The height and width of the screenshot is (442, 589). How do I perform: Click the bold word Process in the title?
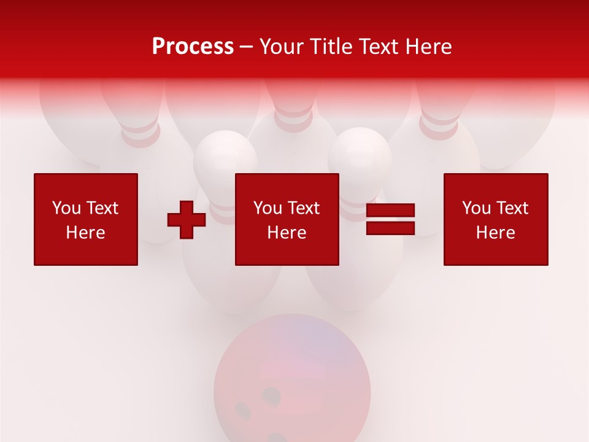(193, 47)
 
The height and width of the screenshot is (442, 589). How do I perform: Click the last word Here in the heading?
(431, 47)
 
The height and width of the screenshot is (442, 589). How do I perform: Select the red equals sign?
(390, 219)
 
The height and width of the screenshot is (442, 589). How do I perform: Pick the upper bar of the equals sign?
(390, 211)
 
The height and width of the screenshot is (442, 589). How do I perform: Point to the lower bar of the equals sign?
(390, 228)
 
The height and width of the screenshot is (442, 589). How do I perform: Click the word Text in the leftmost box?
(102, 208)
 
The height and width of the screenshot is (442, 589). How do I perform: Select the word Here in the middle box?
(287, 233)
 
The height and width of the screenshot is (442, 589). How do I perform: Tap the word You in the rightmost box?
(476, 208)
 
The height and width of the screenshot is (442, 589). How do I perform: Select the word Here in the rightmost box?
(496, 233)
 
